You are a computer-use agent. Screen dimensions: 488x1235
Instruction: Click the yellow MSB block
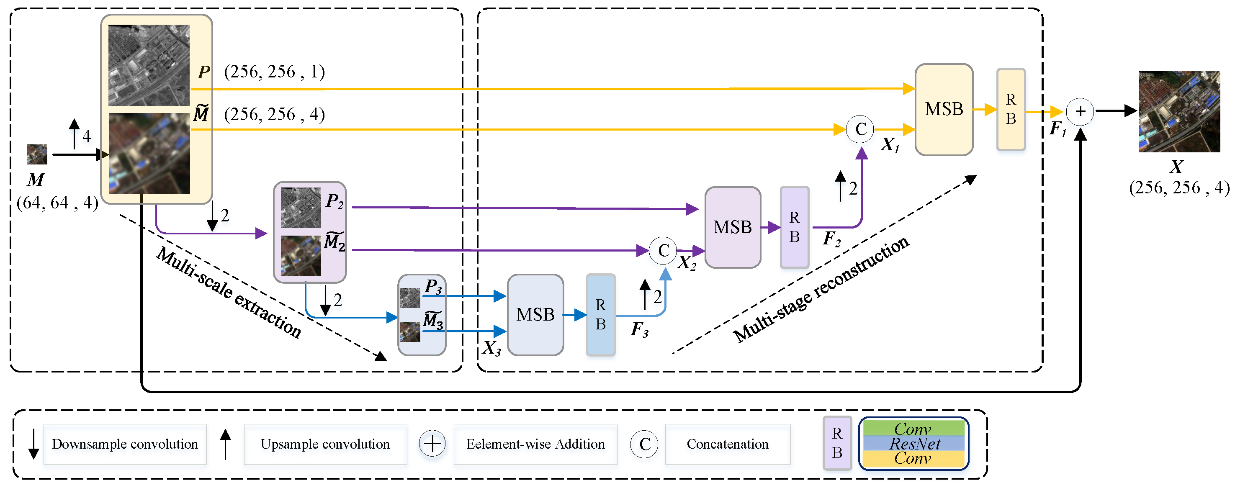coord(944,109)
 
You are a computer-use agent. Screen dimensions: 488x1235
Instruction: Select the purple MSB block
coord(732,227)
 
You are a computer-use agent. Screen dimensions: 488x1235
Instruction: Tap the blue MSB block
coord(535,315)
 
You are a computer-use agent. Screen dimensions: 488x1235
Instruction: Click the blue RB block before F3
coord(600,315)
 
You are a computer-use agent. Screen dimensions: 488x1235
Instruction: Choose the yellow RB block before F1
coord(1011,109)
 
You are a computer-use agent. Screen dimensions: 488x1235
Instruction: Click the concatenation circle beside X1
coord(861,129)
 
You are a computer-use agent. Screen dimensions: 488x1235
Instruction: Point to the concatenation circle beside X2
coord(663,250)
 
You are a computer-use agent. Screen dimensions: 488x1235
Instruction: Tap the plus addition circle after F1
coord(1080,112)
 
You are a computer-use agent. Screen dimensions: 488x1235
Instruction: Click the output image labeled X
coord(1179,112)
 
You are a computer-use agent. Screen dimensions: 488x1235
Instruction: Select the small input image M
coord(37,154)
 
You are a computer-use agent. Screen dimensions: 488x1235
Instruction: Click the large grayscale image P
coord(149,65)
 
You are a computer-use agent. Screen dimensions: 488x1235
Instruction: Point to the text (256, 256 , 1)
coord(274,72)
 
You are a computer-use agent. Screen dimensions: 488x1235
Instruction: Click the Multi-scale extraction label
coord(229,293)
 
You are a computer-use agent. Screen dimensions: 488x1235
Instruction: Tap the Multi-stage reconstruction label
coord(821,290)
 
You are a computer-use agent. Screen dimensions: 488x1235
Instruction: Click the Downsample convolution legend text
coord(125,444)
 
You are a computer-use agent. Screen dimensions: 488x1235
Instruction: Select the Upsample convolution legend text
coord(325,444)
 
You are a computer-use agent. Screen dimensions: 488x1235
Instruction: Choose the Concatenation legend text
coord(727,444)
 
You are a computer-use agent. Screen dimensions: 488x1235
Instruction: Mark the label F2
coord(831,238)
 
